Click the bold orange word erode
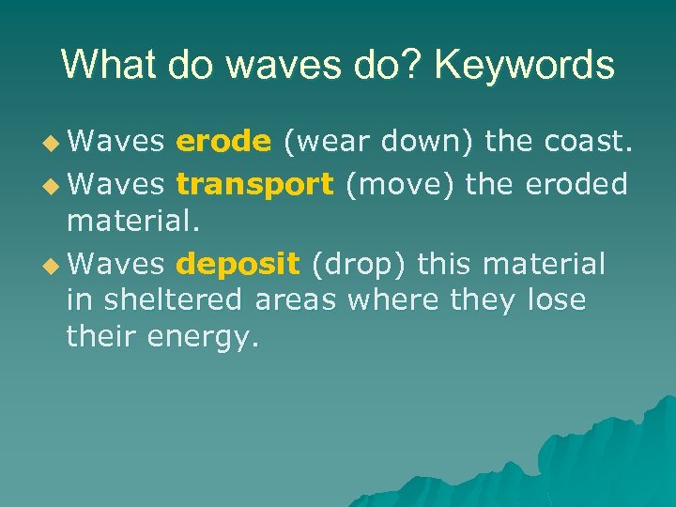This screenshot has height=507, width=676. [x=224, y=141]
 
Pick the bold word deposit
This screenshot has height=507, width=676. [x=237, y=264]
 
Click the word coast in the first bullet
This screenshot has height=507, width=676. [x=589, y=141]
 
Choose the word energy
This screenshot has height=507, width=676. [x=203, y=337]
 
